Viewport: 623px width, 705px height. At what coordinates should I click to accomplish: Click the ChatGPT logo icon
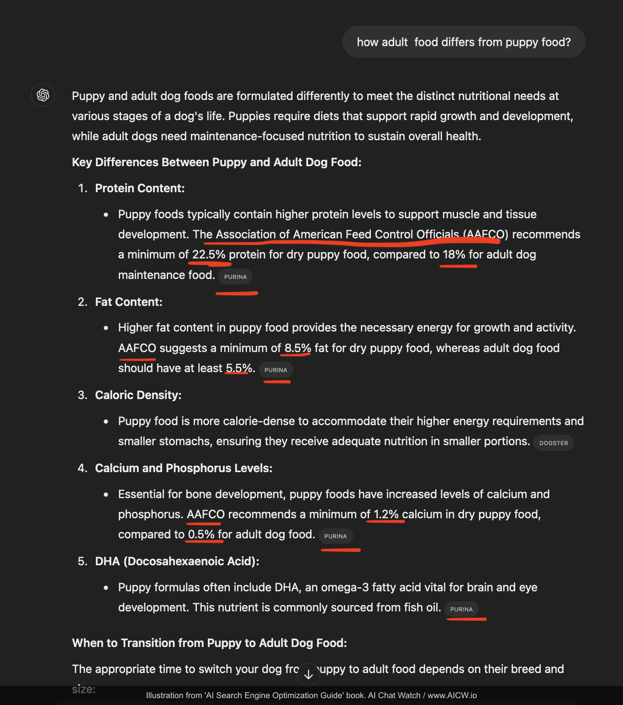click(43, 95)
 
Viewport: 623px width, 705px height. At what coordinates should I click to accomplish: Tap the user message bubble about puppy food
click(464, 42)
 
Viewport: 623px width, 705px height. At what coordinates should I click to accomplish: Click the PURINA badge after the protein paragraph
click(235, 277)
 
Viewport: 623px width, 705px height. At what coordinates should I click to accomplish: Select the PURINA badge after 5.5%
click(276, 370)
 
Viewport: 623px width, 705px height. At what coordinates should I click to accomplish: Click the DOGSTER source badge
click(554, 443)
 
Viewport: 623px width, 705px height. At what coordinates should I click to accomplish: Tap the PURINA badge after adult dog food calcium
click(335, 536)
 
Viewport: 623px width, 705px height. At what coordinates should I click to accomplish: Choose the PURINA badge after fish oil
click(461, 609)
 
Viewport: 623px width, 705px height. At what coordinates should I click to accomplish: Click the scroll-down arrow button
click(308, 674)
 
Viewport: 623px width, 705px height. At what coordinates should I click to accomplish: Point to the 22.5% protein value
click(209, 254)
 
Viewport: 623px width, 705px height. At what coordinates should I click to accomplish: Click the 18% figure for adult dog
click(454, 254)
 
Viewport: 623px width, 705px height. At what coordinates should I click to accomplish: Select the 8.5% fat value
click(298, 348)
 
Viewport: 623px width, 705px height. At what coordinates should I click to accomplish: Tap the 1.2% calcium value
click(386, 514)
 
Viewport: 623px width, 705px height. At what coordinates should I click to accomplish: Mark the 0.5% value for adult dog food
click(201, 534)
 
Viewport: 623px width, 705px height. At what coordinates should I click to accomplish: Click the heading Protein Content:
click(140, 188)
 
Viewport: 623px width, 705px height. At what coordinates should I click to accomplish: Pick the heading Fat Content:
click(129, 302)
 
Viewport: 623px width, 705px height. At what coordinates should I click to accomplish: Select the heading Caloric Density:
click(138, 395)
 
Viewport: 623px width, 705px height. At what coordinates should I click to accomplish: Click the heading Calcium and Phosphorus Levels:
click(184, 468)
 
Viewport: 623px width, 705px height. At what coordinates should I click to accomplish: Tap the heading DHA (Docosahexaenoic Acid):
click(177, 561)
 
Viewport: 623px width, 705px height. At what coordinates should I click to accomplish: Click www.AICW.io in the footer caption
click(452, 695)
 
